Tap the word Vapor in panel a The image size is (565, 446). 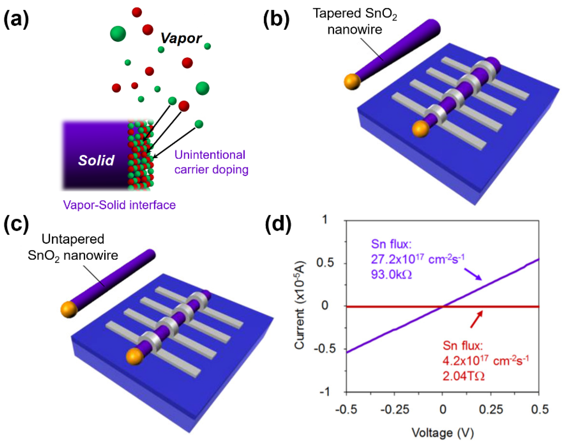click(x=181, y=38)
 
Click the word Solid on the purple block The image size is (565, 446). click(x=96, y=160)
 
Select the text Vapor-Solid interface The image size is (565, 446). click(x=119, y=205)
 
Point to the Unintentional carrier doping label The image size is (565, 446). click(x=211, y=162)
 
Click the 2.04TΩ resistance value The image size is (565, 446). click(x=463, y=376)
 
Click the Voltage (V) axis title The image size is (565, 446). click(x=442, y=433)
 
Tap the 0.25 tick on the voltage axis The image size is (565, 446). click(x=491, y=409)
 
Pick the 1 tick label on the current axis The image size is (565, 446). click(x=324, y=220)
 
